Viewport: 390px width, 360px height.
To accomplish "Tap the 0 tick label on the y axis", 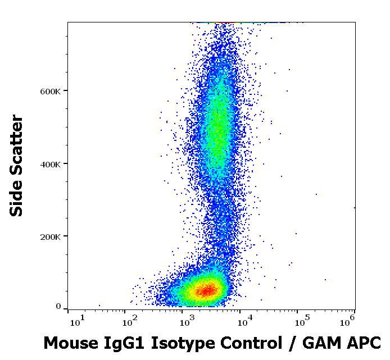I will pyautogui.click(x=58, y=307).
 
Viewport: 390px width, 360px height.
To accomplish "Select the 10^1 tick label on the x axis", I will pyautogui.click(x=76, y=321).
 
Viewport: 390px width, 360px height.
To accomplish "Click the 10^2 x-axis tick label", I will pyautogui.click(x=133, y=321).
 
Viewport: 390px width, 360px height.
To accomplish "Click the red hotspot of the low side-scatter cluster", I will pyautogui.click(x=207, y=290).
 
